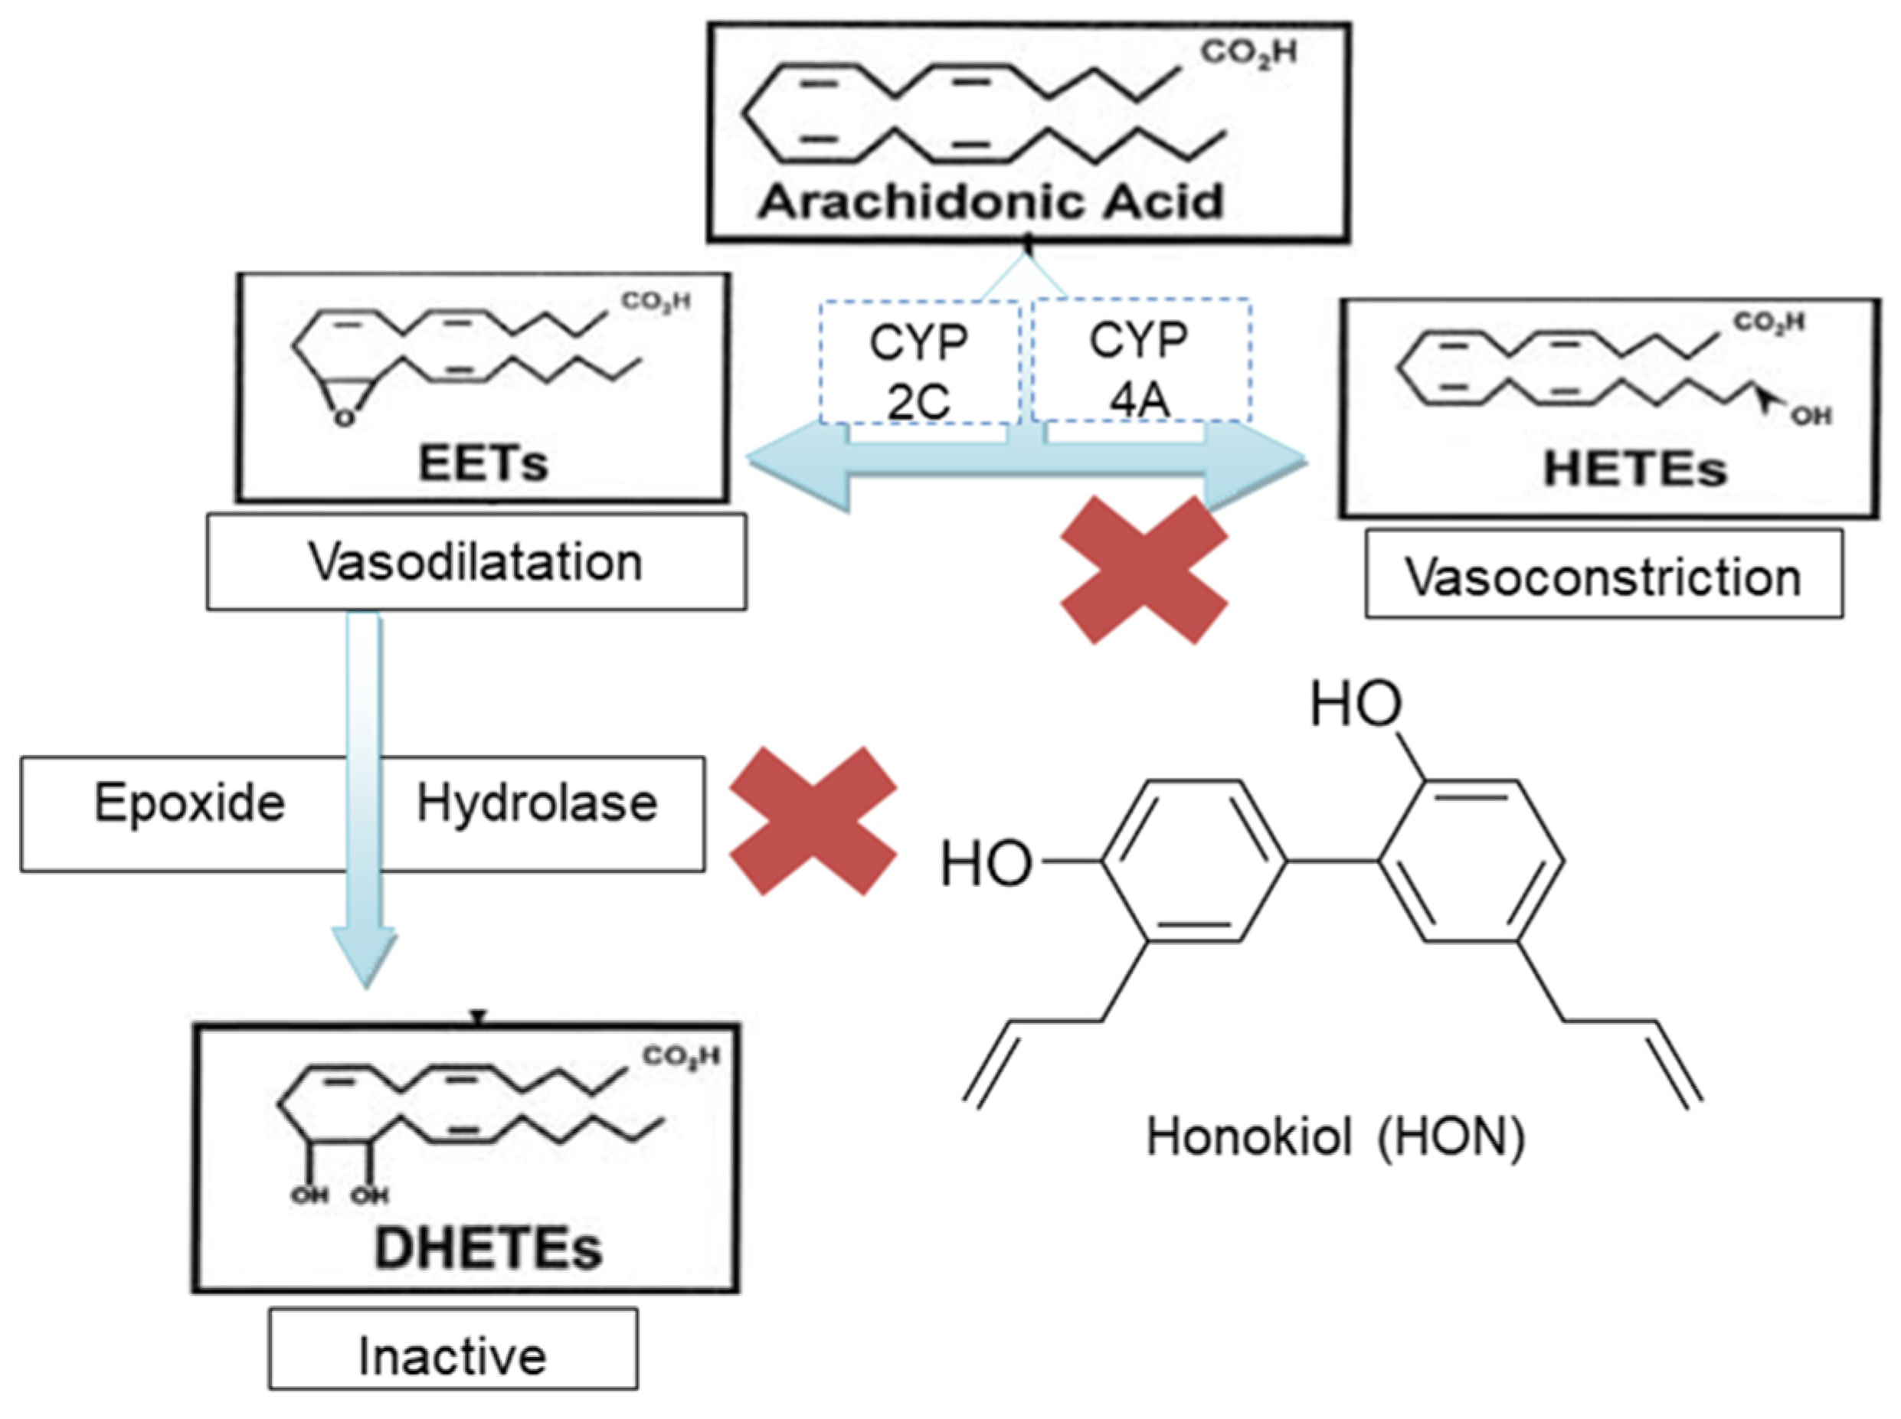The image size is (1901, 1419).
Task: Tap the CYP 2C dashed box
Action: (x=918, y=361)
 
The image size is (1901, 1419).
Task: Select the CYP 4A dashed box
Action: (x=1140, y=360)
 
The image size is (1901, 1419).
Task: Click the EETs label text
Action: (x=482, y=463)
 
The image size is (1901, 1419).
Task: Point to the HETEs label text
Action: (x=1634, y=469)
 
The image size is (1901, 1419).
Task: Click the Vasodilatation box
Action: (x=476, y=563)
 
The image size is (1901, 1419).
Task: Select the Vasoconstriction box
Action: (x=1603, y=576)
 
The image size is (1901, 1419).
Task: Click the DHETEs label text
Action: (x=488, y=1247)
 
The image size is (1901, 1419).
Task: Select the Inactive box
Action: (x=453, y=1356)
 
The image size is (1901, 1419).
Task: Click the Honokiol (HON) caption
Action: (x=1336, y=1136)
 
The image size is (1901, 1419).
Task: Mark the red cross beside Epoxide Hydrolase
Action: (x=813, y=820)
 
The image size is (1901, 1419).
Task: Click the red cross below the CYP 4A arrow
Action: (x=1144, y=571)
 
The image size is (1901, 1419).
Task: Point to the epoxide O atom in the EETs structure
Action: (x=344, y=418)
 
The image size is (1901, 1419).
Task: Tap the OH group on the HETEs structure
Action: (x=1811, y=416)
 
